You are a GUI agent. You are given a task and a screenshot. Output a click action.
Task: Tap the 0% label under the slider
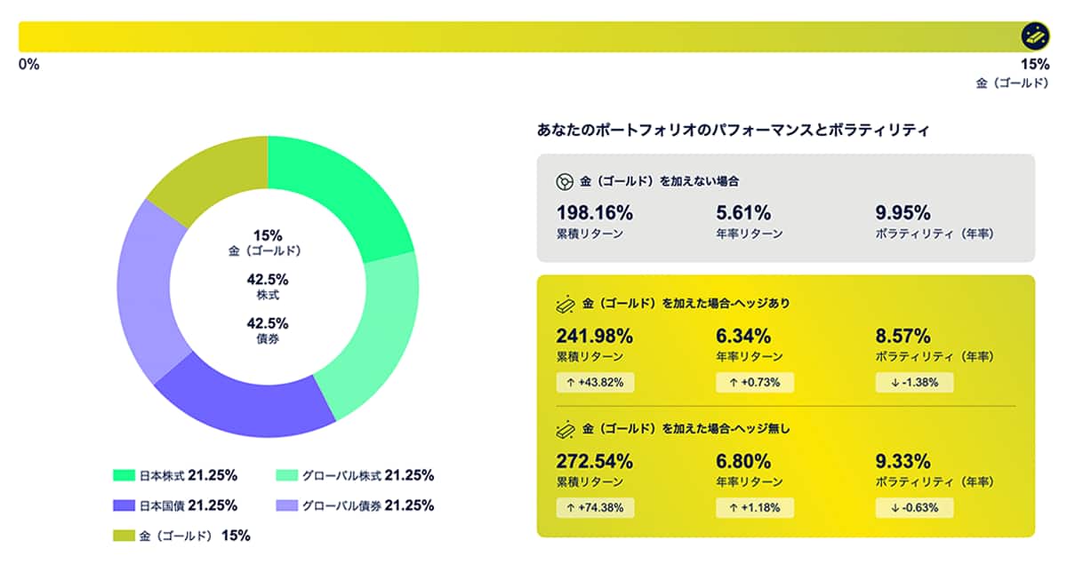pyautogui.click(x=28, y=65)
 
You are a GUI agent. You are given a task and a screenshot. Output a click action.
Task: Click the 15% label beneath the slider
pyautogui.click(x=1035, y=65)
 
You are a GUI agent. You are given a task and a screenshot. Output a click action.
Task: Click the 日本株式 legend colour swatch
pyautogui.click(x=124, y=475)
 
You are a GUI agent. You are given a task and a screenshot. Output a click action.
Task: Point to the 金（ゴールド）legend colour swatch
pyautogui.click(x=124, y=536)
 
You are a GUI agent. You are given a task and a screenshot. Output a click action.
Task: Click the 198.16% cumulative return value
pyautogui.click(x=594, y=213)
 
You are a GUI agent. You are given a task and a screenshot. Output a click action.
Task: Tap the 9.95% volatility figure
pyautogui.click(x=903, y=213)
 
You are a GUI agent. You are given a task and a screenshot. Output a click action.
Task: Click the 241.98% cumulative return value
pyautogui.click(x=594, y=337)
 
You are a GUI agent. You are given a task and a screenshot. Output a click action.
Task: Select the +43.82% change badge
pyautogui.click(x=595, y=383)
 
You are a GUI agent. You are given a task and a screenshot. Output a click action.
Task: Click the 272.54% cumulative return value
pyautogui.click(x=594, y=462)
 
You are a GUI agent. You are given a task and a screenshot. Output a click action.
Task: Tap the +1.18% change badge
pyautogui.click(x=754, y=508)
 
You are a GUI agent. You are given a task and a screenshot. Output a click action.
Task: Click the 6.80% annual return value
pyautogui.click(x=743, y=462)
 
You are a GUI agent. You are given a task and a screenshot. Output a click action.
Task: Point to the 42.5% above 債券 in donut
pyautogui.click(x=268, y=323)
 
